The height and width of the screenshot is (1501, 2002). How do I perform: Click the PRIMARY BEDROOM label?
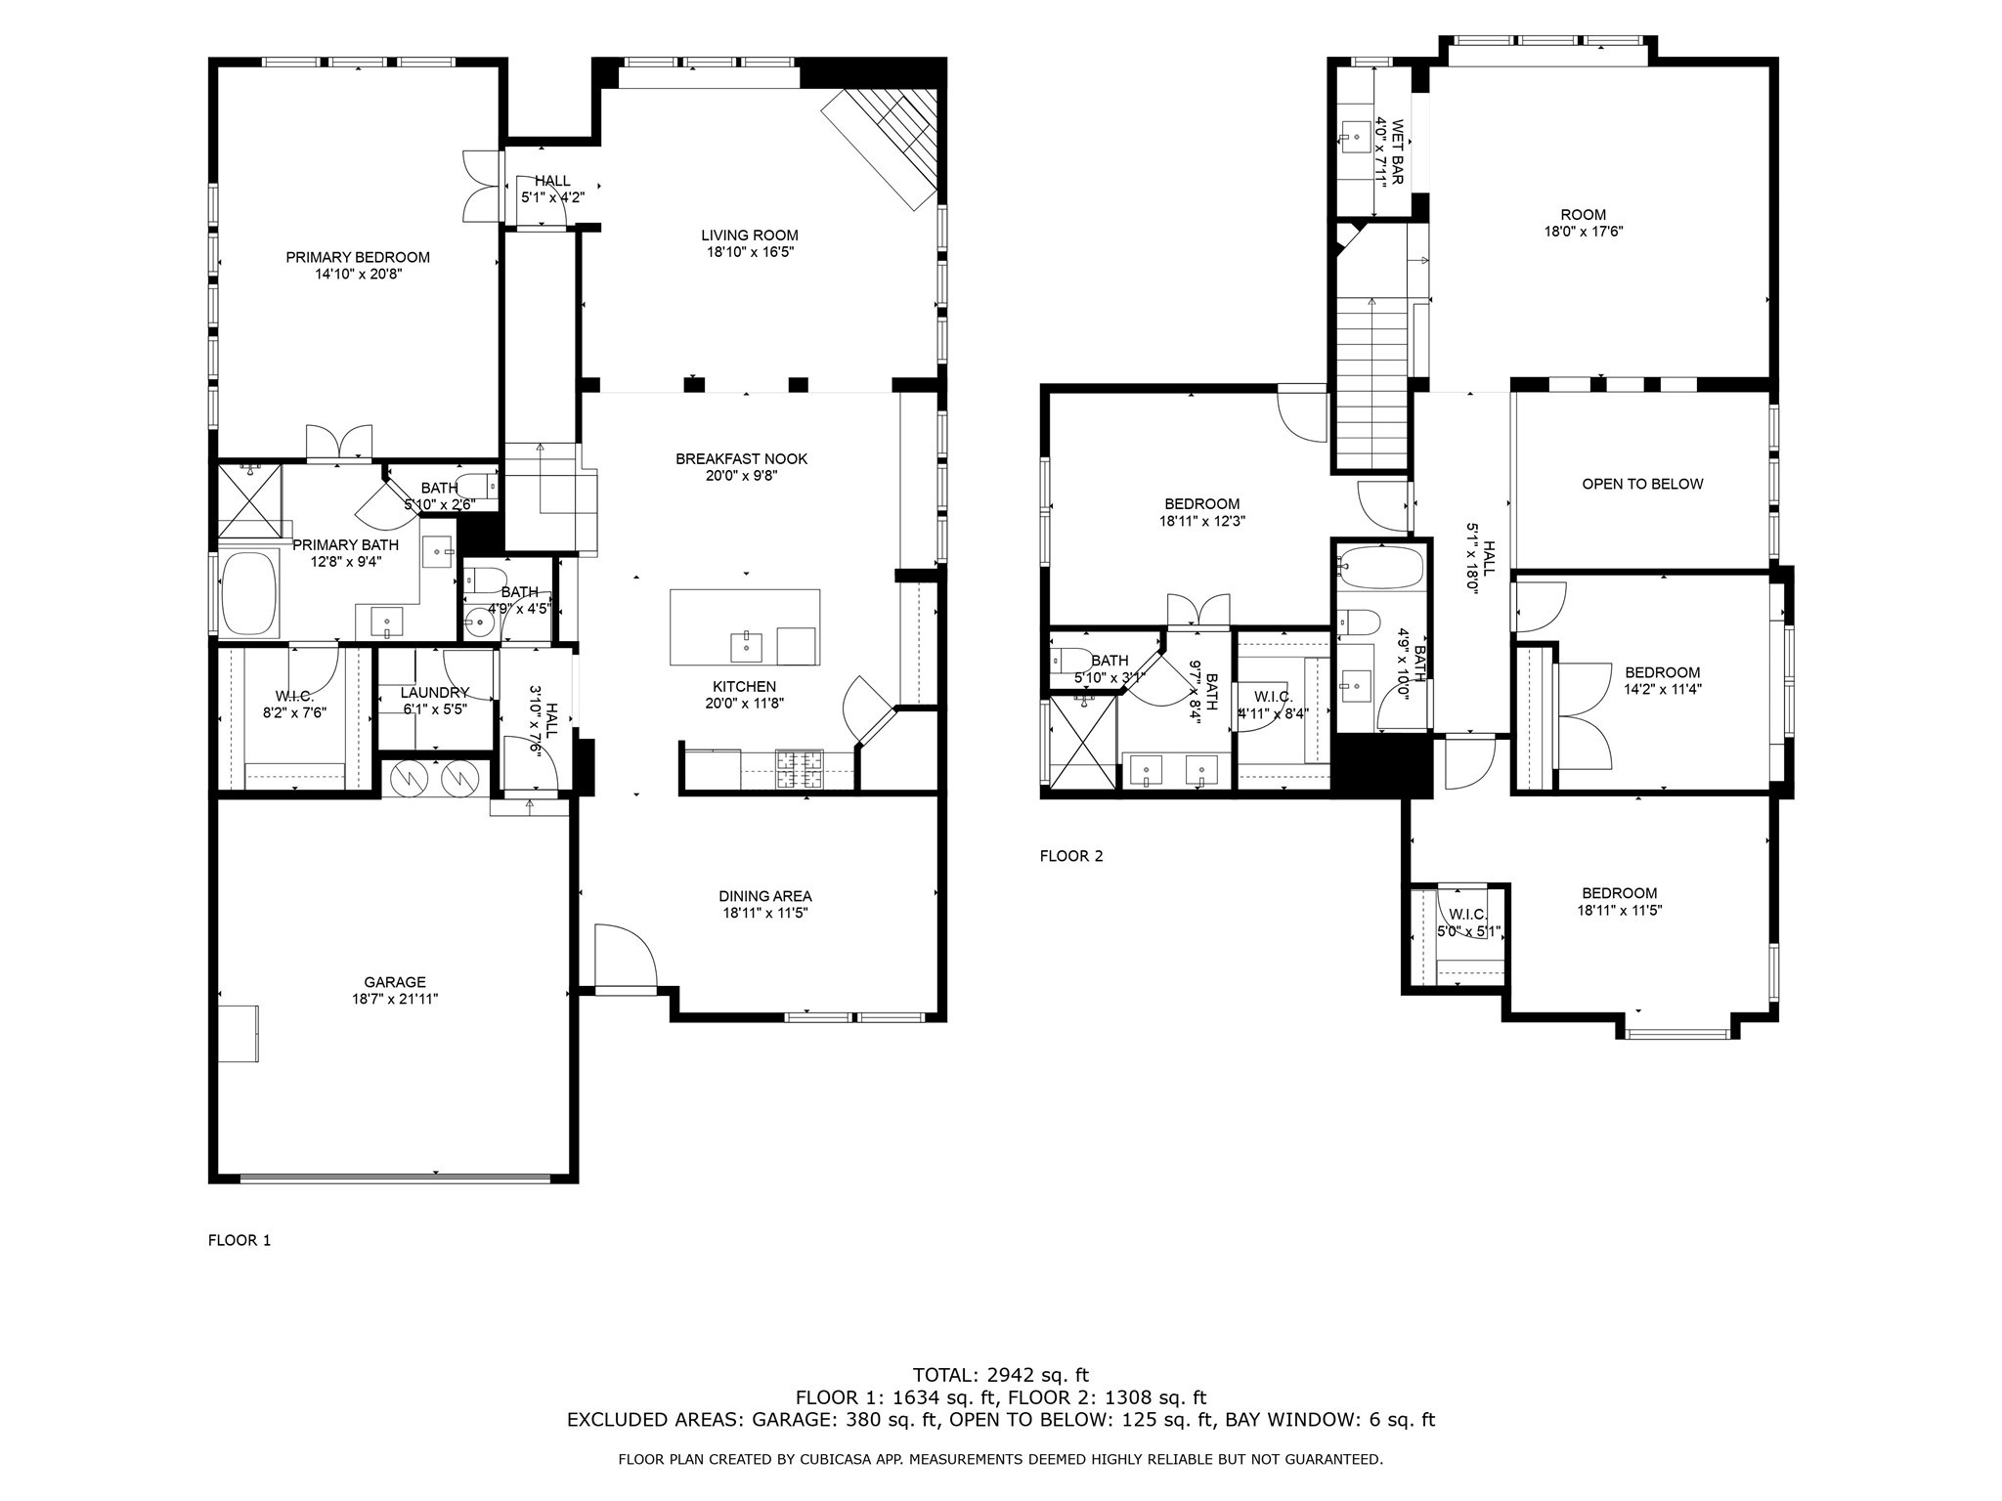(357, 257)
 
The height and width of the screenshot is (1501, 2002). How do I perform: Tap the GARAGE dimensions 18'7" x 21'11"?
(395, 1000)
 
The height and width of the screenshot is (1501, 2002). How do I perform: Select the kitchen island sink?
(746, 645)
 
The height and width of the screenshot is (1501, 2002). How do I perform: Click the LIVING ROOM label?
(749, 235)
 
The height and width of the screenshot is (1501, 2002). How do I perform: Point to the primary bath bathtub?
(249, 594)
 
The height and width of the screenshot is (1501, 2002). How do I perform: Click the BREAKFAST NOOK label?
(741, 458)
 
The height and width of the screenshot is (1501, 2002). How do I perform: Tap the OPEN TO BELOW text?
(1642, 484)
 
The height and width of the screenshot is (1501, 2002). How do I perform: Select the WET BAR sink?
(1356, 138)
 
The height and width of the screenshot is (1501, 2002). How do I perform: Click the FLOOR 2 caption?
(1070, 856)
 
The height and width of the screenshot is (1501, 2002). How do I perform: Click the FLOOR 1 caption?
(239, 1240)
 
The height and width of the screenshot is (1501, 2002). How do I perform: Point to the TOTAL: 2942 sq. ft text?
(1000, 1375)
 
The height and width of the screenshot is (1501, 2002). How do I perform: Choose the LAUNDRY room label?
(434, 692)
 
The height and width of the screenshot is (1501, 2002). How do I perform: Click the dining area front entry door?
(626, 958)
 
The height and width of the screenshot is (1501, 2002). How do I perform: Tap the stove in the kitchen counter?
(800, 769)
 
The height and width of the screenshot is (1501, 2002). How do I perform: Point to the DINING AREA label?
(764, 896)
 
